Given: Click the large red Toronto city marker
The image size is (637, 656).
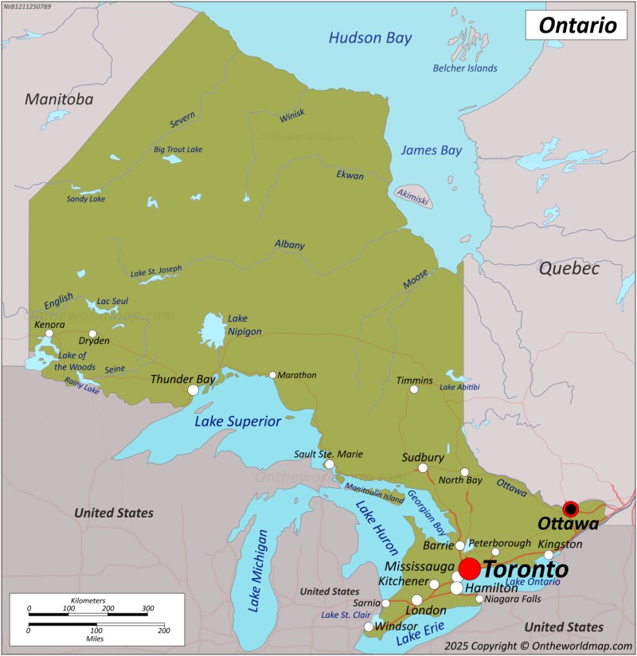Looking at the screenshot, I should pyautogui.click(x=469, y=568).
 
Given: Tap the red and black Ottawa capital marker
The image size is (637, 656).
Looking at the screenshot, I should pyautogui.click(x=570, y=510).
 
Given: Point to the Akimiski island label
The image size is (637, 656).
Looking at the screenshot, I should pyautogui.click(x=413, y=196).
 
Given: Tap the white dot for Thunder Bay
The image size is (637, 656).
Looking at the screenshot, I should pyautogui.click(x=193, y=390).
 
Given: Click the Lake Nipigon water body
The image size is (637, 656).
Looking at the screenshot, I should pyautogui.click(x=212, y=330).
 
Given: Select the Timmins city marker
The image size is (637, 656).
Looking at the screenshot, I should pyautogui.click(x=413, y=389).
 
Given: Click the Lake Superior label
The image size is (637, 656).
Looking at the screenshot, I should pyautogui.click(x=237, y=422).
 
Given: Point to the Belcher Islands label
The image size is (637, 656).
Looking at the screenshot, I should pyautogui.click(x=464, y=68).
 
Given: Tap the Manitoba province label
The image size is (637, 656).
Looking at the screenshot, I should pyautogui.click(x=58, y=100).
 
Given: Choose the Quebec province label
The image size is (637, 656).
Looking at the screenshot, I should pyautogui.click(x=569, y=268).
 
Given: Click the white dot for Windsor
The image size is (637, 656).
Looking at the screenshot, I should pyautogui.click(x=369, y=627).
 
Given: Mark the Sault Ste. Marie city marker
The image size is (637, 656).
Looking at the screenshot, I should pyautogui.click(x=329, y=464).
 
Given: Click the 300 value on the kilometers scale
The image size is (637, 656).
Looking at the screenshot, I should pyautogui.click(x=147, y=608).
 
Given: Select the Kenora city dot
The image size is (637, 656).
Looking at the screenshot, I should pyautogui.click(x=49, y=334).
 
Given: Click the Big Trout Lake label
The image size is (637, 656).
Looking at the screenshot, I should pyautogui.click(x=178, y=149).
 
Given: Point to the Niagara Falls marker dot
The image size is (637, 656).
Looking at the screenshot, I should pyautogui.click(x=479, y=599).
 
